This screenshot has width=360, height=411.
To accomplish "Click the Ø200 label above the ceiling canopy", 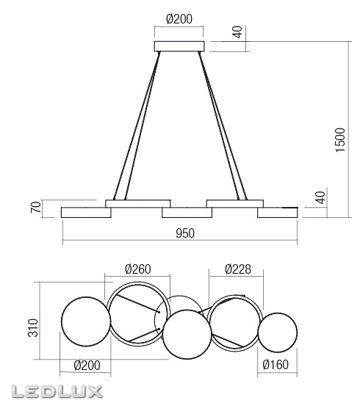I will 179,20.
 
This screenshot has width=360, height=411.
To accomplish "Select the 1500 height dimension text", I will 339,139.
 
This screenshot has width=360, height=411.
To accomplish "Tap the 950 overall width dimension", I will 185,233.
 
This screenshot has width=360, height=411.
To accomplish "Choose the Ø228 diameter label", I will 237,269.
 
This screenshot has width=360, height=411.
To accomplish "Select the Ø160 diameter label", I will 277,365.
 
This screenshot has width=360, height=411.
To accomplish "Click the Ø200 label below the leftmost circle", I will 87,365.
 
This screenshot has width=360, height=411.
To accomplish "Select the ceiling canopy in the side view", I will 179,47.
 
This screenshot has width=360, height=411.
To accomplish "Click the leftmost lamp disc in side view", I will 86,212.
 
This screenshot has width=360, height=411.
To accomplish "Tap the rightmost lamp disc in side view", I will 278,212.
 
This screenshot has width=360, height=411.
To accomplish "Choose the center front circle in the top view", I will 187,334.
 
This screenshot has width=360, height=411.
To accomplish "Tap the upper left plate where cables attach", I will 138,202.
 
